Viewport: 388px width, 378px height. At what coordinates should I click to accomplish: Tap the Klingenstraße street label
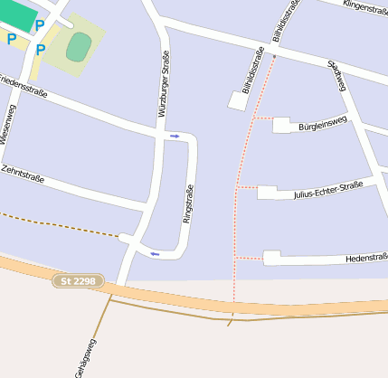365,6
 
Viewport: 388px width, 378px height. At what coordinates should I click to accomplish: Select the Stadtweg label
337,76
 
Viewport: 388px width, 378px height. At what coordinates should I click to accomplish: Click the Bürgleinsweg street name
322,124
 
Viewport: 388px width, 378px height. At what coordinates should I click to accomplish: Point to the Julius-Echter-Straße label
327,189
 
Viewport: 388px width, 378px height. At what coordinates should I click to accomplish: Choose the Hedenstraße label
365,258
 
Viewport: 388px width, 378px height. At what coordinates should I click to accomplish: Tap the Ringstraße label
188,203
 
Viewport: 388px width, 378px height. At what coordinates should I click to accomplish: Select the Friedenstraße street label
24,85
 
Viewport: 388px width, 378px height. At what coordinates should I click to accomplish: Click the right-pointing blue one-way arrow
175,136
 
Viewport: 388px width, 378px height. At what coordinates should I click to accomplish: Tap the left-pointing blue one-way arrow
155,253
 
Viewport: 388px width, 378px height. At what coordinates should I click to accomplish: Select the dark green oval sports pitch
79,46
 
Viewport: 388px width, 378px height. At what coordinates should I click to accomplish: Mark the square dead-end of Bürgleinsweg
280,125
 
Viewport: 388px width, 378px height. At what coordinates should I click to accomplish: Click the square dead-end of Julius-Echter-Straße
266,192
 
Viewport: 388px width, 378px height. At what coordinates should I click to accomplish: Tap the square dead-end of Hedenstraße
271,258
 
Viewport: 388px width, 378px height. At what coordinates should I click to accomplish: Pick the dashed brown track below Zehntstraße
54,225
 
